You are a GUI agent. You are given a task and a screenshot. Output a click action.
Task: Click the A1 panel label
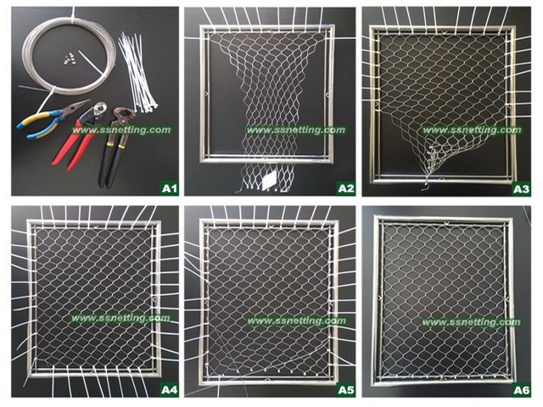(170, 188)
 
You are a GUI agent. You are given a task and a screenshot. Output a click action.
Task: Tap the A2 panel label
(346, 188)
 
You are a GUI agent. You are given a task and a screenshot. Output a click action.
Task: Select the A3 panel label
(521, 189)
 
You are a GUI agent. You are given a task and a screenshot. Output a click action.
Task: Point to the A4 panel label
(170, 390)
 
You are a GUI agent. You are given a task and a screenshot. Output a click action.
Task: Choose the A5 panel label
(346, 390)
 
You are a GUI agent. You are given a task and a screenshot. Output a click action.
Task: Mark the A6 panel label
(521, 390)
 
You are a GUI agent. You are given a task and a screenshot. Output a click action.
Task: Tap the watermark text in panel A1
(121, 130)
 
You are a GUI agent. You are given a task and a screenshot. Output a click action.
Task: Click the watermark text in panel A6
(471, 322)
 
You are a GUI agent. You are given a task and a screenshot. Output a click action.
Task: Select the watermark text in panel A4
(120, 318)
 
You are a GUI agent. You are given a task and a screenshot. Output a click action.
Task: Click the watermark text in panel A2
(295, 130)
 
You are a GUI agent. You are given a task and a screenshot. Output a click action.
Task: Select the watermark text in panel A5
(296, 321)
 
